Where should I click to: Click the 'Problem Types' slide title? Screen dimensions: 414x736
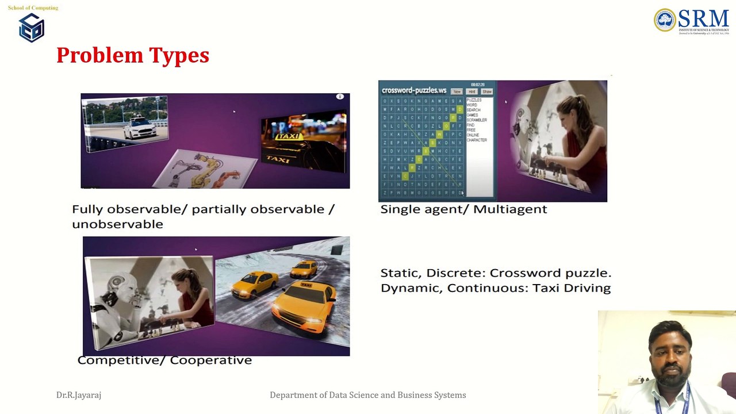coord(132,55)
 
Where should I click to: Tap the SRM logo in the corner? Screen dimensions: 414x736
coord(691,21)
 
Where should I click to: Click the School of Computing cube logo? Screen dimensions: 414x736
coord(32,28)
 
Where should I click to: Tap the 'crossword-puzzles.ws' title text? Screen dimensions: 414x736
coord(414,90)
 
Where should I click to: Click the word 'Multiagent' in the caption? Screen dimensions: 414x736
coord(510,209)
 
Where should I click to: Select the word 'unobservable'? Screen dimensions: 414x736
coord(117,224)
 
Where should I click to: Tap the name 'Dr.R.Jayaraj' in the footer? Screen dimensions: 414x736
coord(79,395)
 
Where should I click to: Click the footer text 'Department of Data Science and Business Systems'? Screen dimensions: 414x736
coord(368,395)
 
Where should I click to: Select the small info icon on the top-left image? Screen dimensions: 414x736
coord(340,97)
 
